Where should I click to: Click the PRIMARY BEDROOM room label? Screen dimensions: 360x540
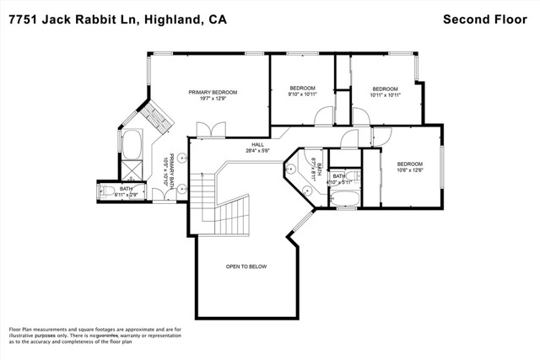pos(213,92)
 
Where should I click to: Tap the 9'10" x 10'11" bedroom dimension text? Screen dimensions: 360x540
pos(302,95)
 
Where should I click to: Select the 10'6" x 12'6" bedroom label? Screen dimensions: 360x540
pos(409,170)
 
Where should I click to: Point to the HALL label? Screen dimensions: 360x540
pos(258,144)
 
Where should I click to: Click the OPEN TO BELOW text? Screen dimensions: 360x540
pos(246,266)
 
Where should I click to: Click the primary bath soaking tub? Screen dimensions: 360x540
pos(132,144)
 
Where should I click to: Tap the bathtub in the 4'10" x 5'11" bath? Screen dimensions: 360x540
pos(345,200)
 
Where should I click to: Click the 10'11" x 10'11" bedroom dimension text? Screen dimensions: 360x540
pos(385,95)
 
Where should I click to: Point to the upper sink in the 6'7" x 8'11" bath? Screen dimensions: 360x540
pos(292,167)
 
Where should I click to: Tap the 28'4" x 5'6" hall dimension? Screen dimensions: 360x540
pos(258,151)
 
